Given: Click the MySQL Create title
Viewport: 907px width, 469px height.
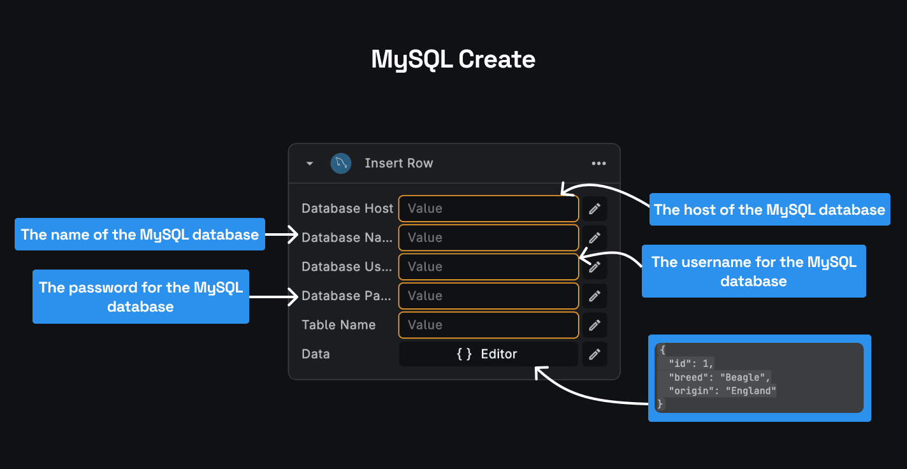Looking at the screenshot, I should (x=453, y=59).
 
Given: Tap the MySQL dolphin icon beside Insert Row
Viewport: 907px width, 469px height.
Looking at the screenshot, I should (x=341, y=163).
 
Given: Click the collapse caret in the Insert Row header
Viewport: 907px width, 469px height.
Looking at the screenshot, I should (x=310, y=164).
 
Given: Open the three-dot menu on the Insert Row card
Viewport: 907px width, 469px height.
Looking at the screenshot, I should (x=599, y=164).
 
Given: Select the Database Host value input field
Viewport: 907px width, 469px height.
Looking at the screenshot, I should (x=488, y=208).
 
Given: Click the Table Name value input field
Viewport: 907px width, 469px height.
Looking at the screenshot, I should (x=488, y=325).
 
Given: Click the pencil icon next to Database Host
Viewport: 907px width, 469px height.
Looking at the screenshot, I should (x=595, y=208).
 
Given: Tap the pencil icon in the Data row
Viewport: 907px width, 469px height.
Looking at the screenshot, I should (x=595, y=354).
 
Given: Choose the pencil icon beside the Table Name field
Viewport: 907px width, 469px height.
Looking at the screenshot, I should (x=595, y=325).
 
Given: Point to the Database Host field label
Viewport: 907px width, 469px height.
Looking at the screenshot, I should (x=347, y=208).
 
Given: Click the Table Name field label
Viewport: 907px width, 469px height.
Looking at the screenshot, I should (x=338, y=325).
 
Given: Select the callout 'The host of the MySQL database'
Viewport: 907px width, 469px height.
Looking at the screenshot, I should (x=769, y=210).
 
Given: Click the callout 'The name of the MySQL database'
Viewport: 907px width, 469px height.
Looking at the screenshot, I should (x=140, y=234).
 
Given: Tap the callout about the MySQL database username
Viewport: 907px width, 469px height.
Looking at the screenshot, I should (x=753, y=271).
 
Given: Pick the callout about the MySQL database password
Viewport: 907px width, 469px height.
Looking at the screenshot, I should (x=141, y=297).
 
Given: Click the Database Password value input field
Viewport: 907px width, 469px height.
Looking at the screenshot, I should (x=488, y=296).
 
